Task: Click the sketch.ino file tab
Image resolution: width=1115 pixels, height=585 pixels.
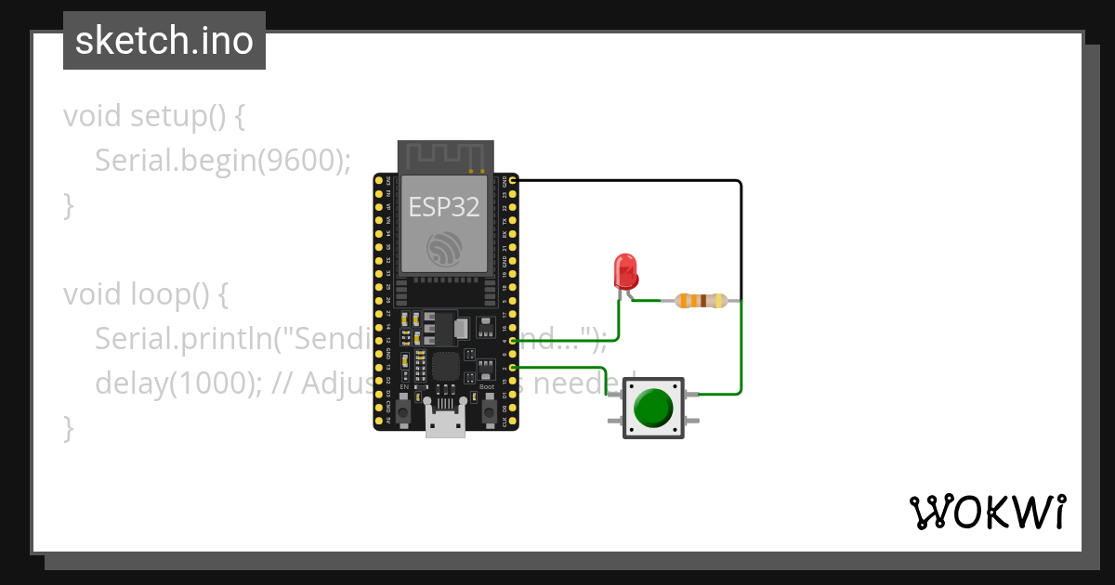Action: coord(164,41)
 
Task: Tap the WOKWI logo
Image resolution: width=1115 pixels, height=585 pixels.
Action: coord(987,512)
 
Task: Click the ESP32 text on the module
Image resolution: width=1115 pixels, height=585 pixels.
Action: coord(444,207)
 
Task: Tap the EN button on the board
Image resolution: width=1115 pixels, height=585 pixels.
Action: coord(404,407)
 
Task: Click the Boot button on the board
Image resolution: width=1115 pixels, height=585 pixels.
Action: coord(487,407)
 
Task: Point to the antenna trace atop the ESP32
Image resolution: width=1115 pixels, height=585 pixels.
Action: coord(444,155)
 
